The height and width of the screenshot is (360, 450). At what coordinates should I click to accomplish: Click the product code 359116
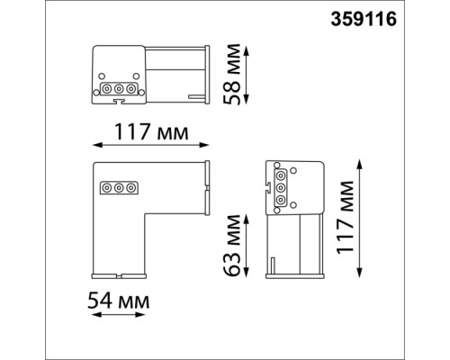[x=364, y=19]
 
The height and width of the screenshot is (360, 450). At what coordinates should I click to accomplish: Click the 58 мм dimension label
[x=232, y=74]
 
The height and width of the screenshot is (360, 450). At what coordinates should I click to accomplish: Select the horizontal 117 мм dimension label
[x=151, y=131]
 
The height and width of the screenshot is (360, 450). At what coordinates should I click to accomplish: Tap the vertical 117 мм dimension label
[x=345, y=218]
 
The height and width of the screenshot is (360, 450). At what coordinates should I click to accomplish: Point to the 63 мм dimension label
[x=232, y=245]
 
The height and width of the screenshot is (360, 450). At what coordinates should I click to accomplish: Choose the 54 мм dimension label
[x=119, y=301]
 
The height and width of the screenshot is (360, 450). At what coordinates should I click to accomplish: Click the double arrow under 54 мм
[x=119, y=315]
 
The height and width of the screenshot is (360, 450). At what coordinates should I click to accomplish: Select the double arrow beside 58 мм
[x=246, y=76]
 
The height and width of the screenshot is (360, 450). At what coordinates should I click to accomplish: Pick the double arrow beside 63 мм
[x=246, y=246]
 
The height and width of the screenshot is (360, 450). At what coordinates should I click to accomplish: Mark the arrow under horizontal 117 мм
[x=150, y=145]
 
